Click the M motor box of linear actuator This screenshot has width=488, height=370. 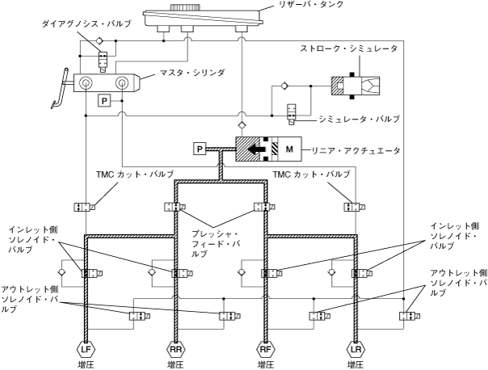pos(287,149)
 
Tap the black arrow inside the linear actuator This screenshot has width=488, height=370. pos(256,149)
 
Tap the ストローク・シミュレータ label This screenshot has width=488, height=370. pos(360,49)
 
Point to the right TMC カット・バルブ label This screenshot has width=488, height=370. pos(311,174)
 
